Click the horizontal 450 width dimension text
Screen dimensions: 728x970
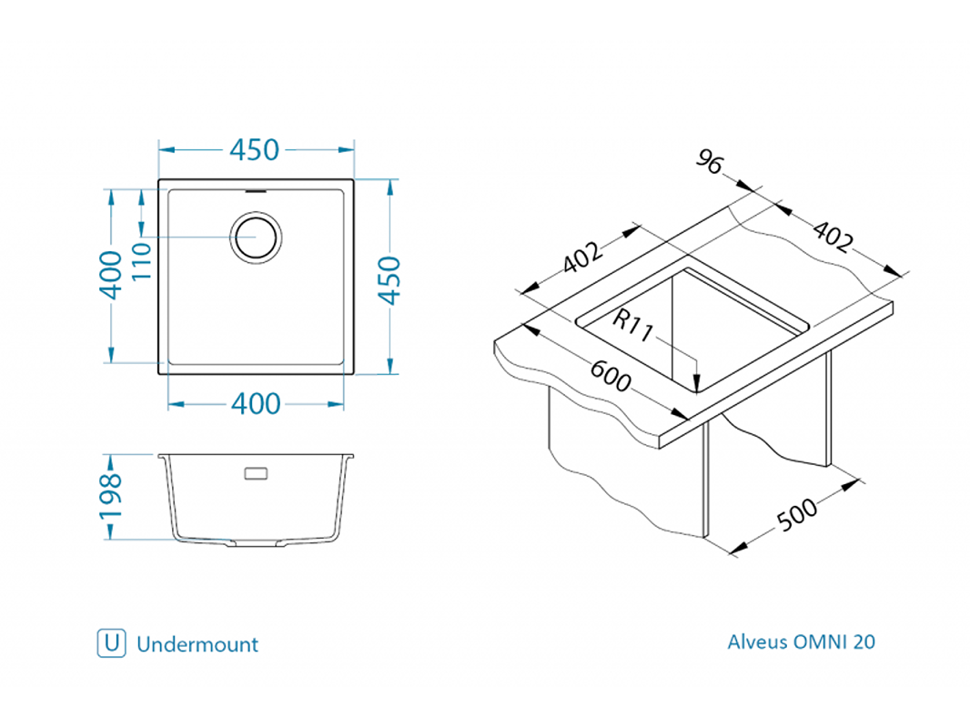pos(255,149)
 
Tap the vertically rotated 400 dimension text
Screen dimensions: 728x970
pos(110,274)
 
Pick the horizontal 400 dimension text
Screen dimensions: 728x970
pos(255,403)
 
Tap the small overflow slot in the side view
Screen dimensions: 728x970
pos(256,473)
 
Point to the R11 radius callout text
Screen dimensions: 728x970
pos(633,325)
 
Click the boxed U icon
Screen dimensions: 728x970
pos(111,643)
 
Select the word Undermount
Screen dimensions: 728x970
pos(197,644)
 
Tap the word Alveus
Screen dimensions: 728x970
pos(756,642)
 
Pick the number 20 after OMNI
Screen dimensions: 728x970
pos(864,642)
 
